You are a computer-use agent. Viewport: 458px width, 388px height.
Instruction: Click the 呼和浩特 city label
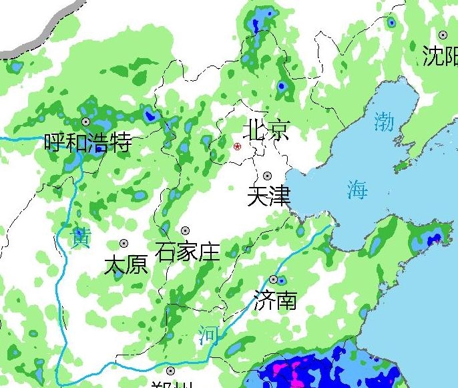[87, 143]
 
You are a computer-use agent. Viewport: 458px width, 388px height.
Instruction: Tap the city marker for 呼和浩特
[86, 122]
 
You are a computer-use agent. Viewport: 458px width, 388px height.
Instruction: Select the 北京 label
[267, 129]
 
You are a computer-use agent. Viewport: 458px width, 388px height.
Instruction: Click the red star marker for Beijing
[237, 146]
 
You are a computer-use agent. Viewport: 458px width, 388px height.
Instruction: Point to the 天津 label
[268, 196]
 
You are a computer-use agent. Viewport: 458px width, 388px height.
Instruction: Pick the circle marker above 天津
[268, 176]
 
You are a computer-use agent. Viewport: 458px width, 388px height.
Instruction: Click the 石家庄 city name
[187, 252]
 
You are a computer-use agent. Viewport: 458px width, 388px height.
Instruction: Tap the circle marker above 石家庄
[185, 231]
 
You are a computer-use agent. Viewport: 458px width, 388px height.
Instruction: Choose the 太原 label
[126, 265]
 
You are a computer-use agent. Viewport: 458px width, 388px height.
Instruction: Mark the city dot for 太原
[124, 244]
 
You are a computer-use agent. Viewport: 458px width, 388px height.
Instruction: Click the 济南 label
[275, 301]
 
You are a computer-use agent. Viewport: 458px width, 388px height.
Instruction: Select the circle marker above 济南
[273, 279]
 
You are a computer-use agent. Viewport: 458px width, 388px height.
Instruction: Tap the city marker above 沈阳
[443, 35]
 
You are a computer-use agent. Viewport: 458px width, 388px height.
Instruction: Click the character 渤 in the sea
[384, 122]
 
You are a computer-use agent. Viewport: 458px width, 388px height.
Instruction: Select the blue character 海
[357, 190]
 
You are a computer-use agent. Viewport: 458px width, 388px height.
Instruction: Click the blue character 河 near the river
[208, 335]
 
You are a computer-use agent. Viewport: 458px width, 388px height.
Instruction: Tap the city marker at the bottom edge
[171, 371]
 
